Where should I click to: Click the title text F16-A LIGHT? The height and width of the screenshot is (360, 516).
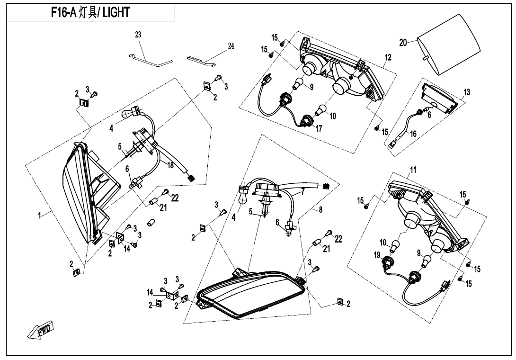90,13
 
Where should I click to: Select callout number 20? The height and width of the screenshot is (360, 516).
403,43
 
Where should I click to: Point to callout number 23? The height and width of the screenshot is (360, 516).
138,35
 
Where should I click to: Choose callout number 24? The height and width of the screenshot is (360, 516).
231,46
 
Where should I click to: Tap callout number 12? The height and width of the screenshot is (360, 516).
388,57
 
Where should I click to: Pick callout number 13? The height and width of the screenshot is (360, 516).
467,92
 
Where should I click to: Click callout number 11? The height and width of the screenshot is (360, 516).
413,169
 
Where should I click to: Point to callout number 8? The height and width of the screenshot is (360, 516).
320,210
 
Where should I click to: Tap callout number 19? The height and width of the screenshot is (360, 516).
377,255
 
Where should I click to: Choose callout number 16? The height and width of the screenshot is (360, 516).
413,134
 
